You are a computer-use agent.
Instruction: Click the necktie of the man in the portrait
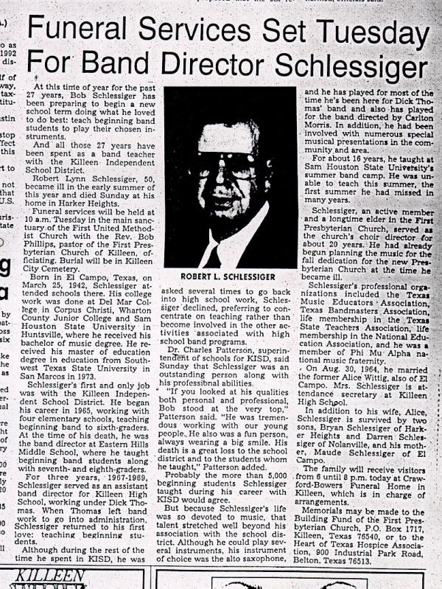214,254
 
